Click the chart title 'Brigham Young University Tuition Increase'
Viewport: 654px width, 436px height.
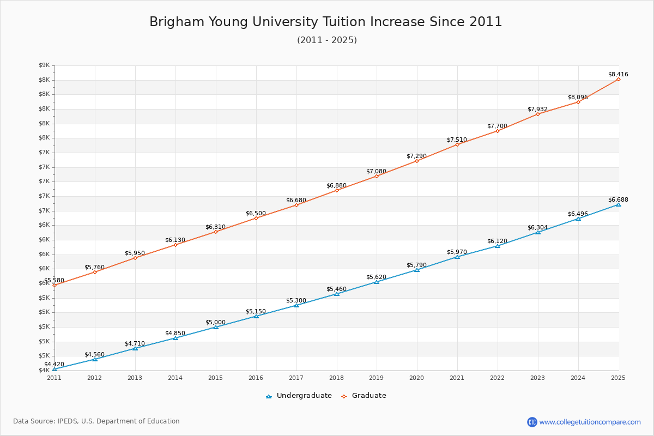coord(326,22)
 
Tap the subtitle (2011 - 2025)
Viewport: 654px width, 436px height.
coord(327,40)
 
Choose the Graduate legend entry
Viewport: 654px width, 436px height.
coord(364,396)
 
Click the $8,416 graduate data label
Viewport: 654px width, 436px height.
coord(618,74)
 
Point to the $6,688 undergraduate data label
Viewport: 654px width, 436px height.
coord(618,199)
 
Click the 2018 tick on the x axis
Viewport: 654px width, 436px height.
coord(337,377)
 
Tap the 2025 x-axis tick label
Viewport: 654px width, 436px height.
coord(618,377)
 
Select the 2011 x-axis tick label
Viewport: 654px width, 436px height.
coord(55,377)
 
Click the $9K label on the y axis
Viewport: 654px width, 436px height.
coord(44,65)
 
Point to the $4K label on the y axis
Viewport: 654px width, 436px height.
coord(44,371)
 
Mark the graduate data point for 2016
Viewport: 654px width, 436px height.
coord(256,218)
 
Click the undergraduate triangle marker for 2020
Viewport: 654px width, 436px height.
coord(417,270)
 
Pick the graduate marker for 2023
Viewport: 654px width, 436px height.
coord(538,114)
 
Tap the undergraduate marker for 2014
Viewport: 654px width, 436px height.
coord(175,338)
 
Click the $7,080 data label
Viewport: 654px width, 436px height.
coord(376,171)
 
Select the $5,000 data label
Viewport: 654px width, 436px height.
coord(215,322)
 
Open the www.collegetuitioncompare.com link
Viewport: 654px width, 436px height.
coord(590,422)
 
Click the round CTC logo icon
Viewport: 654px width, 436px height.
coord(532,422)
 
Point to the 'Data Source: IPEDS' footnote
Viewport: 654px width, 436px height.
coord(96,421)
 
